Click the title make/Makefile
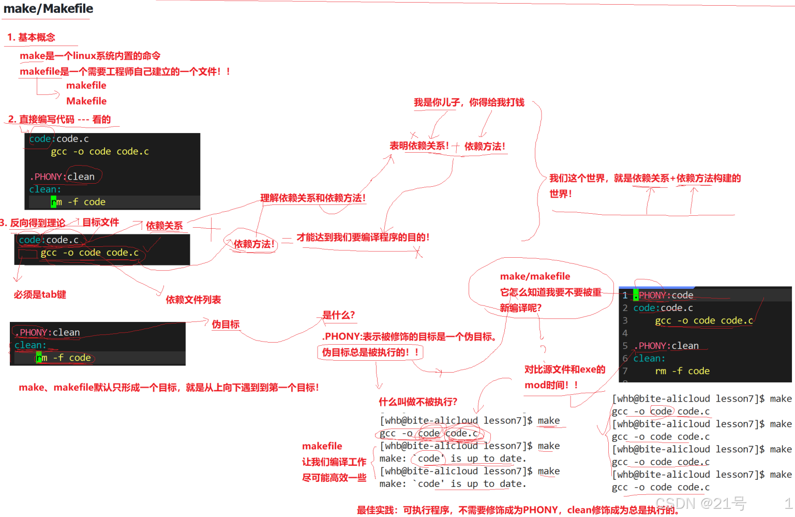pos(48,9)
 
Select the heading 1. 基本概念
pos(31,37)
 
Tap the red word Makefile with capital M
pos(86,101)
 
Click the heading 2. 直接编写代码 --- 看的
pos(59,120)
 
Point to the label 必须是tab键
pos(40,294)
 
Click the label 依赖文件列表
pos(193,300)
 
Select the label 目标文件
pos(100,223)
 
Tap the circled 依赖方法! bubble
pos(253,244)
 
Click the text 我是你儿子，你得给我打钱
pos(469,102)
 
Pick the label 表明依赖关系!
pos(419,146)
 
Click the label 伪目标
pos(226,324)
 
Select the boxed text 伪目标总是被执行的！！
pos(370,352)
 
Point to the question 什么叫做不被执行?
pos(417,402)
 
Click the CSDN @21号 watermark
pos(700,503)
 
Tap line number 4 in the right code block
pos(625,333)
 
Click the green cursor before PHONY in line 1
pos(636,296)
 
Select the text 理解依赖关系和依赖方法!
pos(313,198)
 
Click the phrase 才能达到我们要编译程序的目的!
pos(363,238)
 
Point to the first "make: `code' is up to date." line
pos(453,459)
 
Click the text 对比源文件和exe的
pos(564,370)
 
